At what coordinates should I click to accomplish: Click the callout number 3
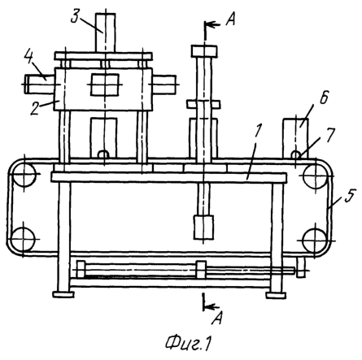click(75, 17)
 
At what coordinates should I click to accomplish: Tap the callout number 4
click(29, 58)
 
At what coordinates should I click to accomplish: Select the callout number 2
click(34, 109)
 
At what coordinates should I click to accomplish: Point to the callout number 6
click(324, 98)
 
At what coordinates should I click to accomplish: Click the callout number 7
click(329, 135)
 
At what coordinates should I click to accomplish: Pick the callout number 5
click(350, 196)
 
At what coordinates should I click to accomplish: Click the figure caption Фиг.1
click(189, 344)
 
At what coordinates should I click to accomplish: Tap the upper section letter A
click(230, 20)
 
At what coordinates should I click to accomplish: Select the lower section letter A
click(217, 318)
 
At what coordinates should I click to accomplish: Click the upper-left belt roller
click(24, 174)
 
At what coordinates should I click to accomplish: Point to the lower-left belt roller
click(23, 240)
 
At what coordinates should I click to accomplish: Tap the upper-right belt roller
click(316, 176)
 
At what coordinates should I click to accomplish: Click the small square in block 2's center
click(105, 85)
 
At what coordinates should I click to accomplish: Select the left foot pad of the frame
click(63, 295)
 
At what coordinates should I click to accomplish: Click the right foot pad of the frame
click(276, 295)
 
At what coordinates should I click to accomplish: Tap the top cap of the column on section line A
click(204, 51)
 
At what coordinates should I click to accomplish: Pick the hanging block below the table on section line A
click(203, 228)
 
